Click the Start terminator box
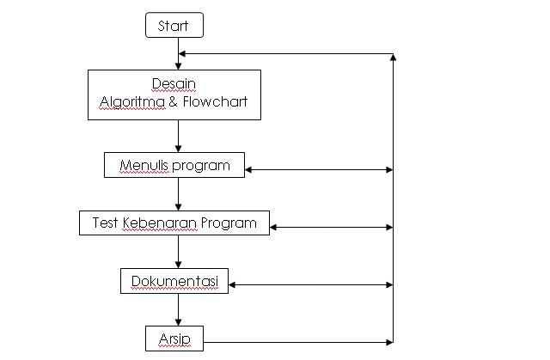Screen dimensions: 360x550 tap(174, 26)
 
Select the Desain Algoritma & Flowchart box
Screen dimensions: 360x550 tap(174, 95)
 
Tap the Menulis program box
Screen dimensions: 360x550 tap(174, 165)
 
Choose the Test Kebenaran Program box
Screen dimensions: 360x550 tap(174, 223)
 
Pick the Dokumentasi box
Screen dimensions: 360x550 tap(174, 281)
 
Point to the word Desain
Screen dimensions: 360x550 tap(174, 83)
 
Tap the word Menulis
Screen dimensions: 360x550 tap(141, 165)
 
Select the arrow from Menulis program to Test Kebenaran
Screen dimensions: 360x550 tap(178, 193)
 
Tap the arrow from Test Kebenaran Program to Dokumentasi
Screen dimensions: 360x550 tap(178, 252)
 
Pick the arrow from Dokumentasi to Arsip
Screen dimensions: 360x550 tap(178, 309)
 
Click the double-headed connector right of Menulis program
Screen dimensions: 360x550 tap(319, 169)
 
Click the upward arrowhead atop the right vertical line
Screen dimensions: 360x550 tap(393, 58)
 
